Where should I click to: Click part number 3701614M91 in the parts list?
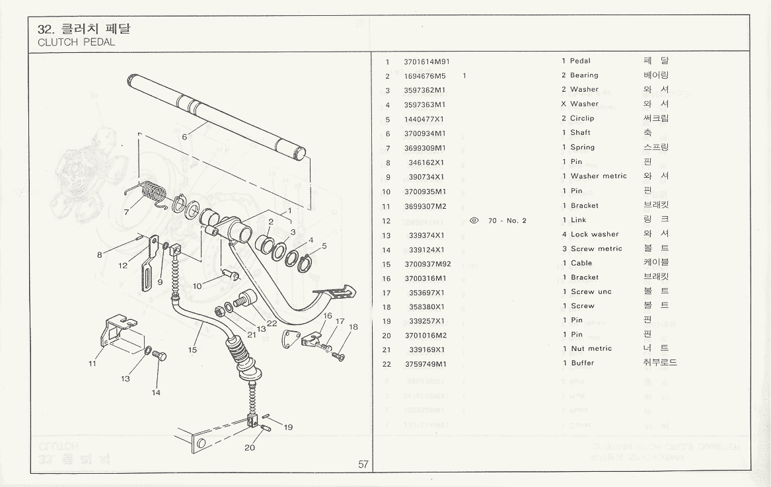427,61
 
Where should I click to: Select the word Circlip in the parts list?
582,119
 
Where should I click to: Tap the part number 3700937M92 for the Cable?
427,263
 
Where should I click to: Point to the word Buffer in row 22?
582,363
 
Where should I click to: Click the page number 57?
363,464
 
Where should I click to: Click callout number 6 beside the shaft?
185,137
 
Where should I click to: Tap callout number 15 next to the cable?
192,350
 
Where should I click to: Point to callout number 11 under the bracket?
93,363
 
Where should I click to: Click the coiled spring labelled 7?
153,194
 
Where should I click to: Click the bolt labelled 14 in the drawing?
159,357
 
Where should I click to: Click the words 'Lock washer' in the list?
595,235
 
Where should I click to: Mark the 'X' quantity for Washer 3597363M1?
564,104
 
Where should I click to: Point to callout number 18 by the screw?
353,326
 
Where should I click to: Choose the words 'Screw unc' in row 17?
591,292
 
